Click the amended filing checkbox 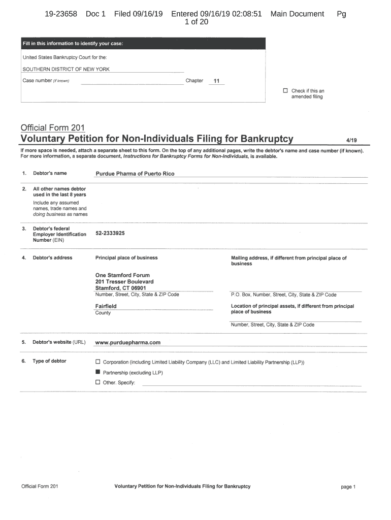[285, 91]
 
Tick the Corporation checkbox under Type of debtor [98, 362]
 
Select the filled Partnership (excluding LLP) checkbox [98, 372]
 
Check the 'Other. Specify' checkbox [98, 382]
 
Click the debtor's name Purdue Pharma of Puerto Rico [135, 174]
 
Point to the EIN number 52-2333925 [110, 233]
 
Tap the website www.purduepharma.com [128, 342]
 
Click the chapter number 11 [216, 81]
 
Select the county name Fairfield [106, 306]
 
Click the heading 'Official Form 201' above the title [52, 127]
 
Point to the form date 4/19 [351, 139]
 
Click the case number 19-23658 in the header [61, 14]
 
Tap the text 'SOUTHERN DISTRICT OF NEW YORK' [66, 69]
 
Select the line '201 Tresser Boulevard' [124, 281]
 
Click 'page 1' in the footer [348, 486]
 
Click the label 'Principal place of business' [126, 257]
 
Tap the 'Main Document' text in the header [297, 14]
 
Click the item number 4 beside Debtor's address [24, 257]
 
